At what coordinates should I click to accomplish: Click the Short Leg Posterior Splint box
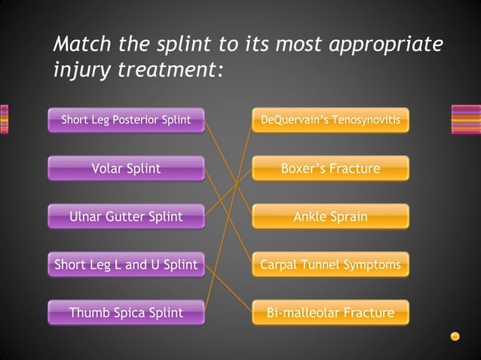[126, 120]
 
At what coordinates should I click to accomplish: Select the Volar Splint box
[126, 168]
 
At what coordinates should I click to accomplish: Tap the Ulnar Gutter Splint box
[126, 217]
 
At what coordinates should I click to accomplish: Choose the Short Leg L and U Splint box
[126, 264]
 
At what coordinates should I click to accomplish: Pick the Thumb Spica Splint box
[126, 313]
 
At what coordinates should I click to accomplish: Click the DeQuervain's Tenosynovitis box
[330, 120]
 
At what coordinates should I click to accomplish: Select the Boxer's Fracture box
[330, 168]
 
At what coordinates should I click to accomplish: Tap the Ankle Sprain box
[330, 217]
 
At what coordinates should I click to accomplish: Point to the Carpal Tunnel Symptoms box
[330, 264]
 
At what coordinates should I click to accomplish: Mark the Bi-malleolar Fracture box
[330, 313]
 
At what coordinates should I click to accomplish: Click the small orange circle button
[455, 336]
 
